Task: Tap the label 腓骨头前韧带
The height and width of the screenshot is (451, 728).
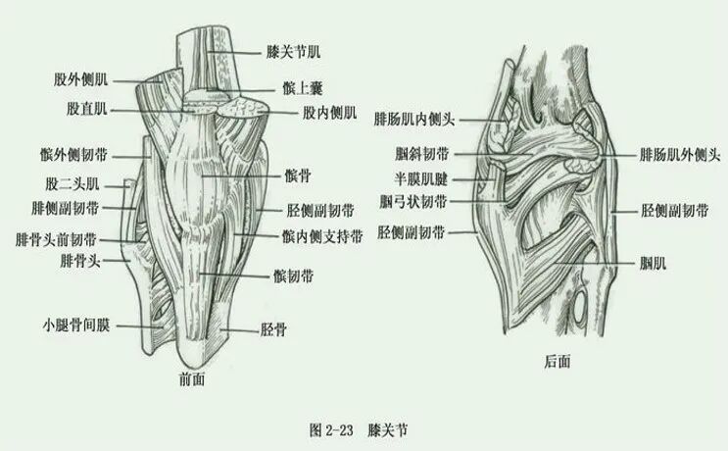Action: tap(57, 238)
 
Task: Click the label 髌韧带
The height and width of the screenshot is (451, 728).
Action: tap(295, 277)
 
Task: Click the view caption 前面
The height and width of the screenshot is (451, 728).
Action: tap(192, 378)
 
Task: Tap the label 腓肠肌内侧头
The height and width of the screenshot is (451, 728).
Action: tap(415, 119)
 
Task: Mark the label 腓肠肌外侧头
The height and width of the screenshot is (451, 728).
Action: tap(680, 156)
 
